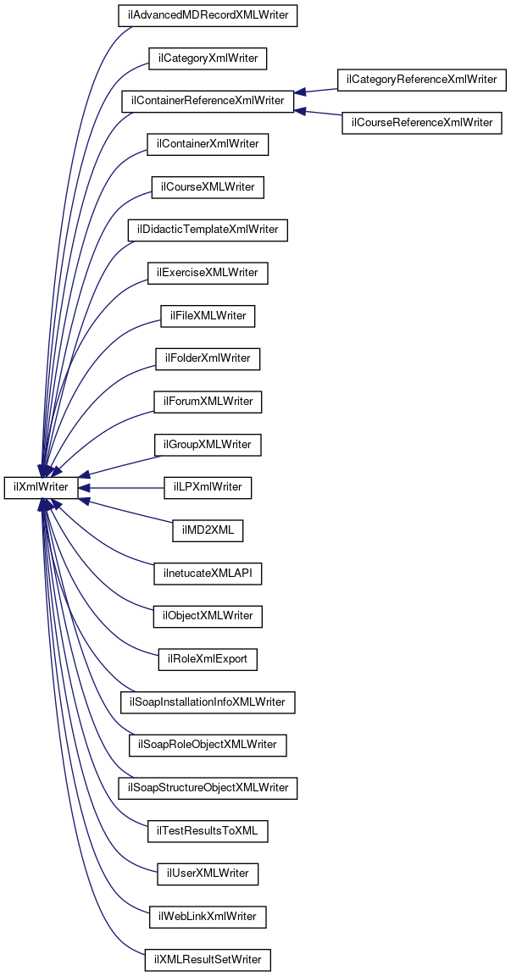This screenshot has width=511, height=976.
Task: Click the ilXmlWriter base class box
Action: [41, 487]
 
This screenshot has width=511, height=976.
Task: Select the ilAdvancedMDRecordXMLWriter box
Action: [208, 15]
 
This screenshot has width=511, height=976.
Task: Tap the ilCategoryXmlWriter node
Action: [208, 58]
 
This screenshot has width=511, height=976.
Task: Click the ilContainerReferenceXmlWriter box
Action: [208, 102]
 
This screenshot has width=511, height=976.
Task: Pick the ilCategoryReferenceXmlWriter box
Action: [422, 80]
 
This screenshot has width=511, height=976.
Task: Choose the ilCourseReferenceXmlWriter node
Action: [422, 123]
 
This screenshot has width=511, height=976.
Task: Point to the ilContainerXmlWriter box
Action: [208, 144]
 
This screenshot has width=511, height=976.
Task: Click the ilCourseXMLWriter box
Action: [208, 187]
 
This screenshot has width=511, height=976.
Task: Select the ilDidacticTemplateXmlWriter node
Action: [208, 230]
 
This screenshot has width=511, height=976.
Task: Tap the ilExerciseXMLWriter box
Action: [208, 273]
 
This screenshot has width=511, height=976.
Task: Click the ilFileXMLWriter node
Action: [208, 316]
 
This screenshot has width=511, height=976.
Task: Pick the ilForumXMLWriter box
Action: [208, 401]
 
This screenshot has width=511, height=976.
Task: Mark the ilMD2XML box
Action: [208, 530]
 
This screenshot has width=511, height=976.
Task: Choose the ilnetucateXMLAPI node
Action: [208, 574]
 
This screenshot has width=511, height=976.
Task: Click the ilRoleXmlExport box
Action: [208, 658]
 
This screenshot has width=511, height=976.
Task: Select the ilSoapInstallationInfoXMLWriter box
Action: [208, 701]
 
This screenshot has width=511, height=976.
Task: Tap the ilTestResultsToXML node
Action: [208, 831]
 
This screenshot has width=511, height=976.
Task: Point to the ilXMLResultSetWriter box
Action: [208, 960]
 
